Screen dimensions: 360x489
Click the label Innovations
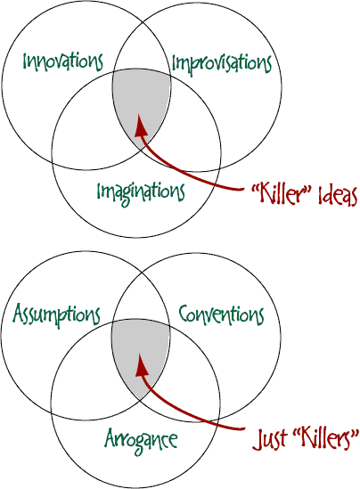pyautogui.click(x=62, y=61)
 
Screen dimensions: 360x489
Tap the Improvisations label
pyautogui.click(x=222, y=64)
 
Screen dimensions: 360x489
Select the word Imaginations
pyautogui.click(x=141, y=192)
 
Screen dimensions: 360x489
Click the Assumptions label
pyautogui.click(x=56, y=314)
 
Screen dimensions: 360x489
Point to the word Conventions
pyautogui.click(x=221, y=314)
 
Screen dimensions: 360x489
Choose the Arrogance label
pyautogui.click(x=141, y=440)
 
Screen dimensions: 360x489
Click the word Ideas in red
pyautogui.click(x=338, y=196)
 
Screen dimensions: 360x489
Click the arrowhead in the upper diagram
pyautogui.click(x=140, y=126)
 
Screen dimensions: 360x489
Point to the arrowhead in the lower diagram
pyautogui.click(x=141, y=365)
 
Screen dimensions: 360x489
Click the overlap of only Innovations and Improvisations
pyautogui.click(x=143, y=47)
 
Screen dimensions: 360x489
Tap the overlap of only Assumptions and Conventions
pyautogui.click(x=142, y=297)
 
